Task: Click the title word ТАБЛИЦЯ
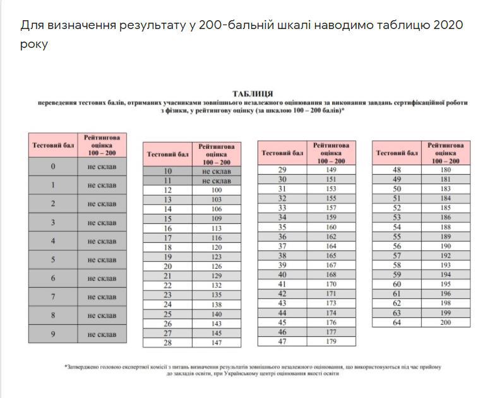(252, 94)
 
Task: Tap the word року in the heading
(34, 45)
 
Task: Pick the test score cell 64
(397, 322)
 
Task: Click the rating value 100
(217, 190)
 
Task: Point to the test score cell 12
(168, 190)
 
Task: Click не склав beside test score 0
(102, 167)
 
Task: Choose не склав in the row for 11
(217, 180)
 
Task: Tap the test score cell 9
(53, 334)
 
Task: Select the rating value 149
(332, 170)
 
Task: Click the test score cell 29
(282, 170)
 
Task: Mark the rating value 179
(332, 341)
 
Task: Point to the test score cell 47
(282, 341)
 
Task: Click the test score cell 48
(397, 170)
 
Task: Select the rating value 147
(217, 342)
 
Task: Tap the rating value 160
(332, 227)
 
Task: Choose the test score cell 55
(397, 237)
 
